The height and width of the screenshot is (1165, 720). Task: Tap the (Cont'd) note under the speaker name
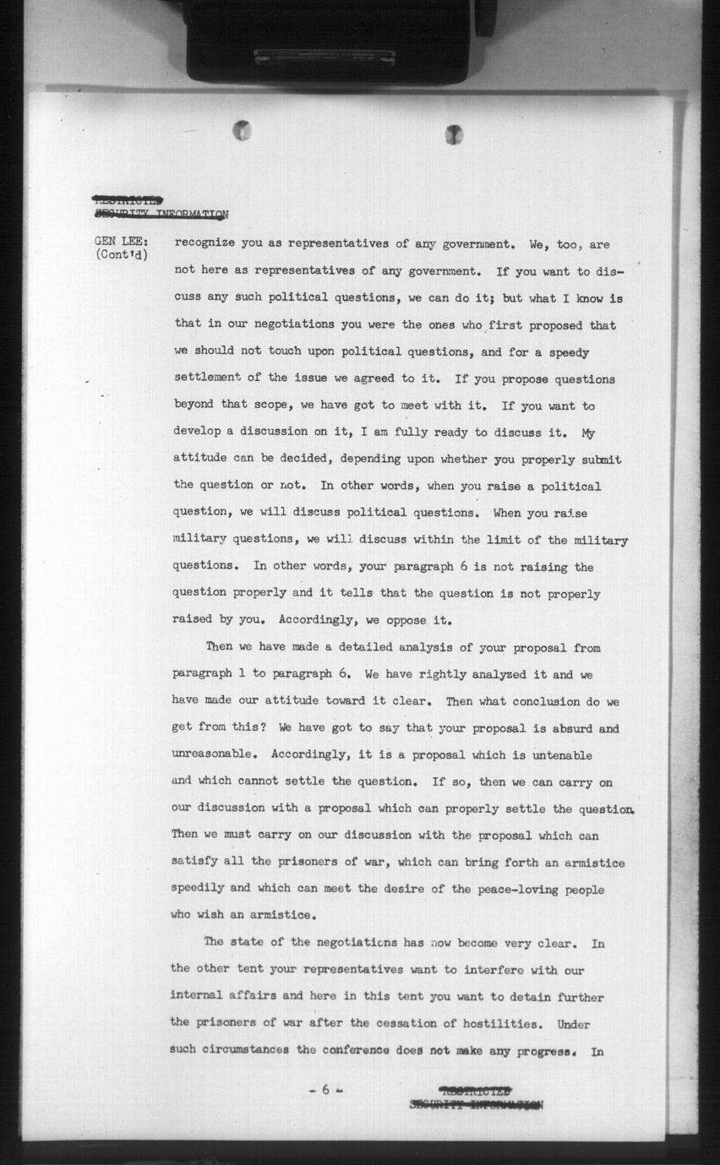[x=122, y=254]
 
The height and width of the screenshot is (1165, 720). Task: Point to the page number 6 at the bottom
[x=325, y=1090]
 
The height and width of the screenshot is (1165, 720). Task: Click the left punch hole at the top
[x=242, y=130]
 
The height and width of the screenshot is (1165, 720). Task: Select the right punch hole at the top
[x=454, y=134]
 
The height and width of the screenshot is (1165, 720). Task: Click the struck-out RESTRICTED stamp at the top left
[x=128, y=200]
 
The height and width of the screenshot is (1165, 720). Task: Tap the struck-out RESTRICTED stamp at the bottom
[x=476, y=1090]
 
